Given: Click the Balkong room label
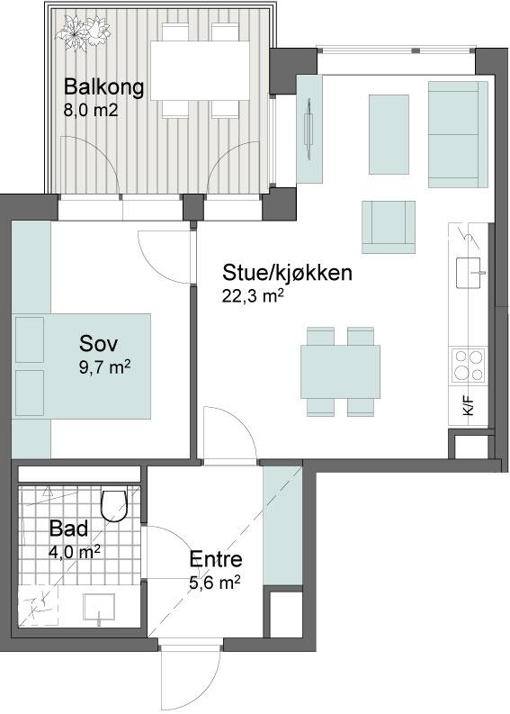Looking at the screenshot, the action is click(x=103, y=86).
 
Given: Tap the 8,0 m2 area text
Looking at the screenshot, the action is click(x=91, y=110).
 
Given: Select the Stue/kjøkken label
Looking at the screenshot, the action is click(x=287, y=272).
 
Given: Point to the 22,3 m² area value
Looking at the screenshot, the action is click(x=253, y=296).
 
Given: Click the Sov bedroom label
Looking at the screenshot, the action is click(x=98, y=343).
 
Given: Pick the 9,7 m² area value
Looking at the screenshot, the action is click(x=105, y=366).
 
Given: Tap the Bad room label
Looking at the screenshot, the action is click(x=68, y=529).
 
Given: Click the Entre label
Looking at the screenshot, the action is click(x=216, y=559).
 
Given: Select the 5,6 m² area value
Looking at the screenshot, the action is click(x=215, y=583).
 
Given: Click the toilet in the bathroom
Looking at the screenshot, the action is click(x=113, y=505).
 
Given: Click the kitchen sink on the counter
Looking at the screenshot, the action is click(x=469, y=273).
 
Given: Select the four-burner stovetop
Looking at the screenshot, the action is click(x=468, y=366).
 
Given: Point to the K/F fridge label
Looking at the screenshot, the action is click(x=469, y=405).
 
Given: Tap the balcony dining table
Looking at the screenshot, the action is click(x=201, y=70).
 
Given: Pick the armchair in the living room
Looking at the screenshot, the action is click(x=389, y=227).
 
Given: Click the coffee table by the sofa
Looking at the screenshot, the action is click(x=389, y=134).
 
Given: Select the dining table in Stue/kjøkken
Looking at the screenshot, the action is click(x=340, y=372).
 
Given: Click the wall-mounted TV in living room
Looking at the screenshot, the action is click(x=309, y=129).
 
